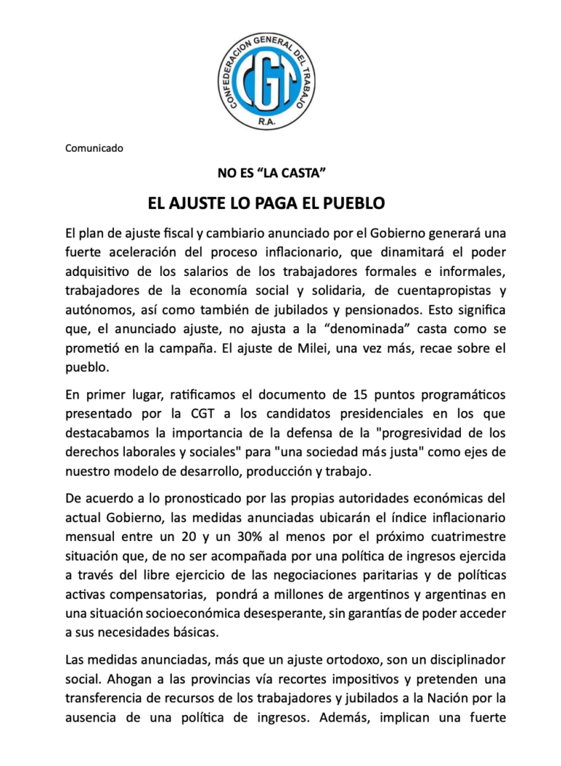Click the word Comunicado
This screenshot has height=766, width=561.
tap(94, 148)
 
